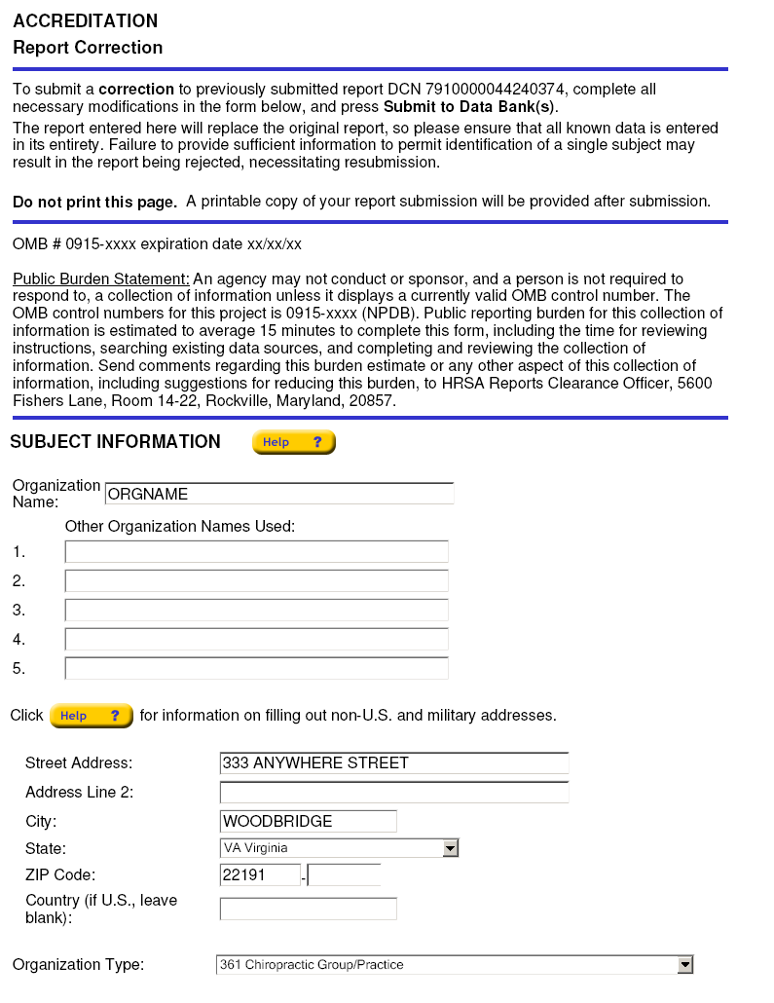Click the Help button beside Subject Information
293,442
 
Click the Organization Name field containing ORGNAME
278,494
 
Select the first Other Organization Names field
256,552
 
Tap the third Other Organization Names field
256,611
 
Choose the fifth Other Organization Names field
256,669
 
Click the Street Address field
394,762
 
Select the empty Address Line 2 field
394,792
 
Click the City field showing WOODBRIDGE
309,821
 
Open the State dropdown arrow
450,848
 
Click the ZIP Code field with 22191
260,874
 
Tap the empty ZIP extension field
345,874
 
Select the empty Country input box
309,910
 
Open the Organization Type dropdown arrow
685,965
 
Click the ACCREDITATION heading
86,20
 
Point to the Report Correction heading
88,48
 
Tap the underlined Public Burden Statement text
101,279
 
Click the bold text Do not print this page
94,202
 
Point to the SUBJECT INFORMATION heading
115,442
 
